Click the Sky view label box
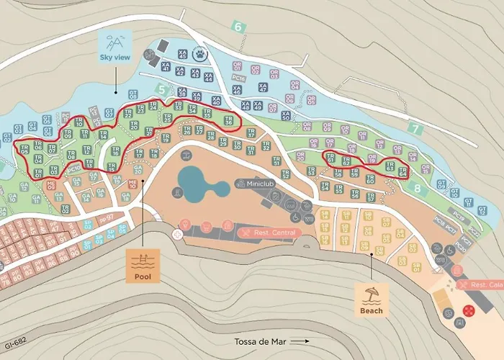[115, 48]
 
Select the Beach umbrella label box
[372, 299]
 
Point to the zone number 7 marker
[414, 129]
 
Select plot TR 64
[402, 171]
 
